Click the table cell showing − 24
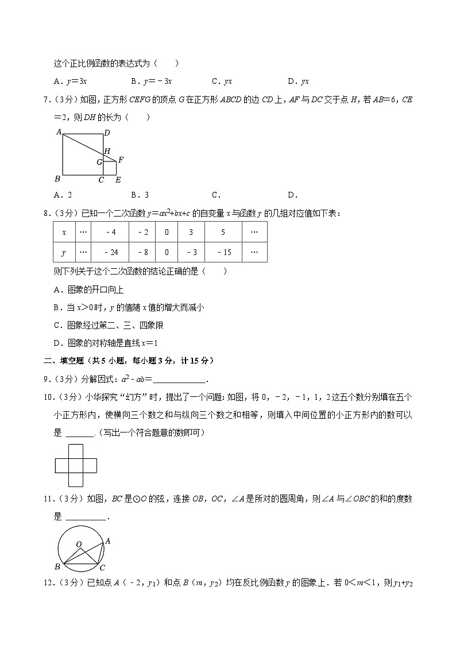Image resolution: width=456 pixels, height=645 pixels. [x=111, y=252]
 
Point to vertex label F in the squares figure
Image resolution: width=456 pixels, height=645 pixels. [x=121, y=159]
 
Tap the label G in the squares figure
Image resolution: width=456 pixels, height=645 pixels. [x=99, y=163]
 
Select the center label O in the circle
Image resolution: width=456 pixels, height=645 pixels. [x=79, y=544]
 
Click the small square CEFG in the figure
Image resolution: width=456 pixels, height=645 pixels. [x=110, y=168]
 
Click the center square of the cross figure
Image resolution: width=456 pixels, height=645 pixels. [x=76, y=465]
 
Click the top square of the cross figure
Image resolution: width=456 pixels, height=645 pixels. [x=76, y=451]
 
